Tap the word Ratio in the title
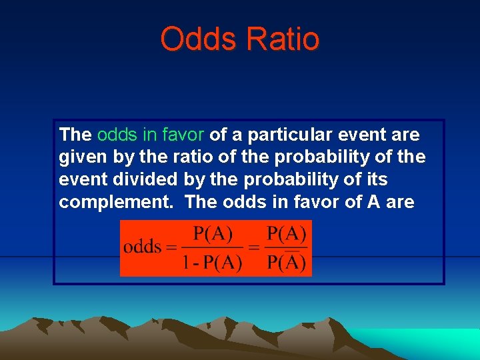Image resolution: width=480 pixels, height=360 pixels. (283, 39)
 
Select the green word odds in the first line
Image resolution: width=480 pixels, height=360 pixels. (117, 135)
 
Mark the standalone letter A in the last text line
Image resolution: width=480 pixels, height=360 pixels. (373, 202)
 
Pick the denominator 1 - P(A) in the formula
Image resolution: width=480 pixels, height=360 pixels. (212, 262)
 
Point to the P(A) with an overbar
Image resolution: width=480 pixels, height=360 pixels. (286, 261)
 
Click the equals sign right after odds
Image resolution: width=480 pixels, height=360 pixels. (171, 247)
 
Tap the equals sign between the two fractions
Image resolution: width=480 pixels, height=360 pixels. (254, 247)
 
